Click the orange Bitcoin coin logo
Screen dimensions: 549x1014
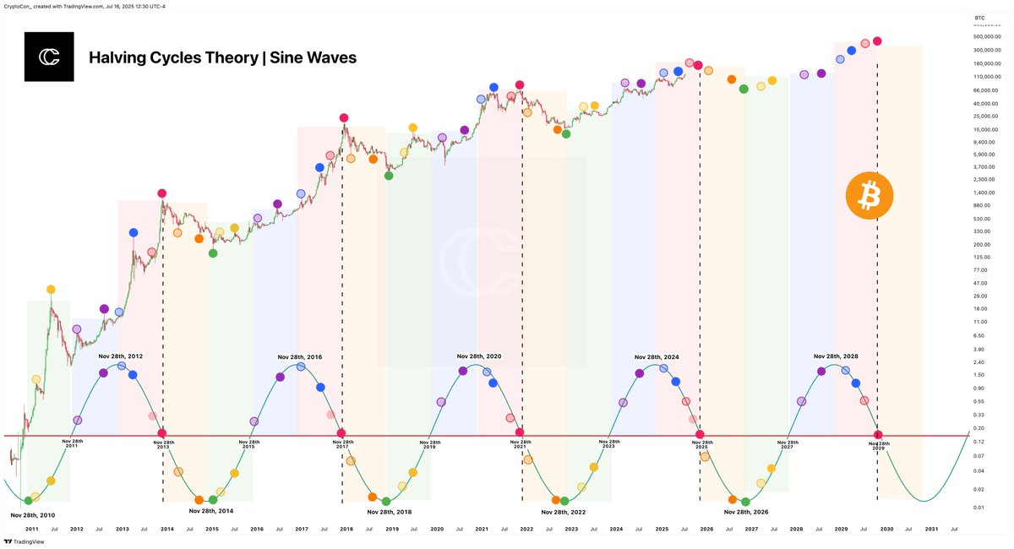click(x=870, y=197)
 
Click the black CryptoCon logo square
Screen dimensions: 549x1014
click(x=49, y=57)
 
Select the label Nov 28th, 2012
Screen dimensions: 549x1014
click(x=120, y=356)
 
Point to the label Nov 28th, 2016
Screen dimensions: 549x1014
click(x=299, y=357)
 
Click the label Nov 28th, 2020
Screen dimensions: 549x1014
click(x=479, y=356)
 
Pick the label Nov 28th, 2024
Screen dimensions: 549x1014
click(x=657, y=357)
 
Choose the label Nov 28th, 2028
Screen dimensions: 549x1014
click(x=836, y=356)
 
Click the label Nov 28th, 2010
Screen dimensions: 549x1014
click(x=33, y=514)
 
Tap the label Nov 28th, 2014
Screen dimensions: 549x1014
click(x=211, y=511)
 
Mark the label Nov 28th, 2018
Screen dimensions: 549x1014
click(x=390, y=512)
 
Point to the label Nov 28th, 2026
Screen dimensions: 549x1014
click(x=746, y=512)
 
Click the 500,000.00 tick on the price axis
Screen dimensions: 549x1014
click(x=986, y=36)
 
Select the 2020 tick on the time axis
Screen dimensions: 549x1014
click(x=437, y=529)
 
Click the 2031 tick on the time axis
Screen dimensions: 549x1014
click(x=930, y=529)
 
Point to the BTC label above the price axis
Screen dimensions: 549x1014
click(x=979, y=17)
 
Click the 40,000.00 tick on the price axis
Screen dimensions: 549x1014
click(x=984, y=103)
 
